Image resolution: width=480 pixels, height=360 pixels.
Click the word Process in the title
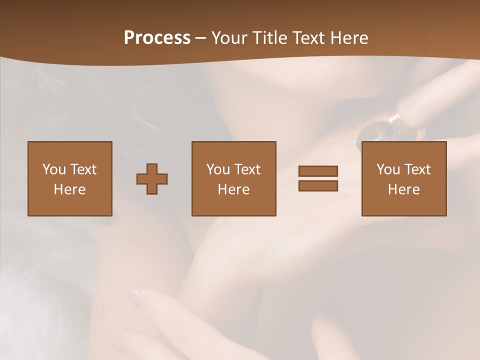[157, 38]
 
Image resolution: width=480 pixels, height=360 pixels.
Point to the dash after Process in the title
[201, 38]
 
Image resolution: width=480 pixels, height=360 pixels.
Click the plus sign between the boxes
[152, 179]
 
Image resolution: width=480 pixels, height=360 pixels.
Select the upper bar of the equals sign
[318, 171]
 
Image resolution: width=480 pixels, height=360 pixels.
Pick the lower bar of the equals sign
[318, 185]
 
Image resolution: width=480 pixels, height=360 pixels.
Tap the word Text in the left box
[83, 169]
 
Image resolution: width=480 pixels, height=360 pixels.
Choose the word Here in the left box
[69, 189]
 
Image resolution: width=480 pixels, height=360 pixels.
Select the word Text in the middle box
[247, 169]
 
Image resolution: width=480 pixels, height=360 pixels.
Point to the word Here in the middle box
[233, 189]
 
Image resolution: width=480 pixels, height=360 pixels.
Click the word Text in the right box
[417, 169]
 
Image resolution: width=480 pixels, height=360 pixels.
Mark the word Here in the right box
[403, 189]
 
